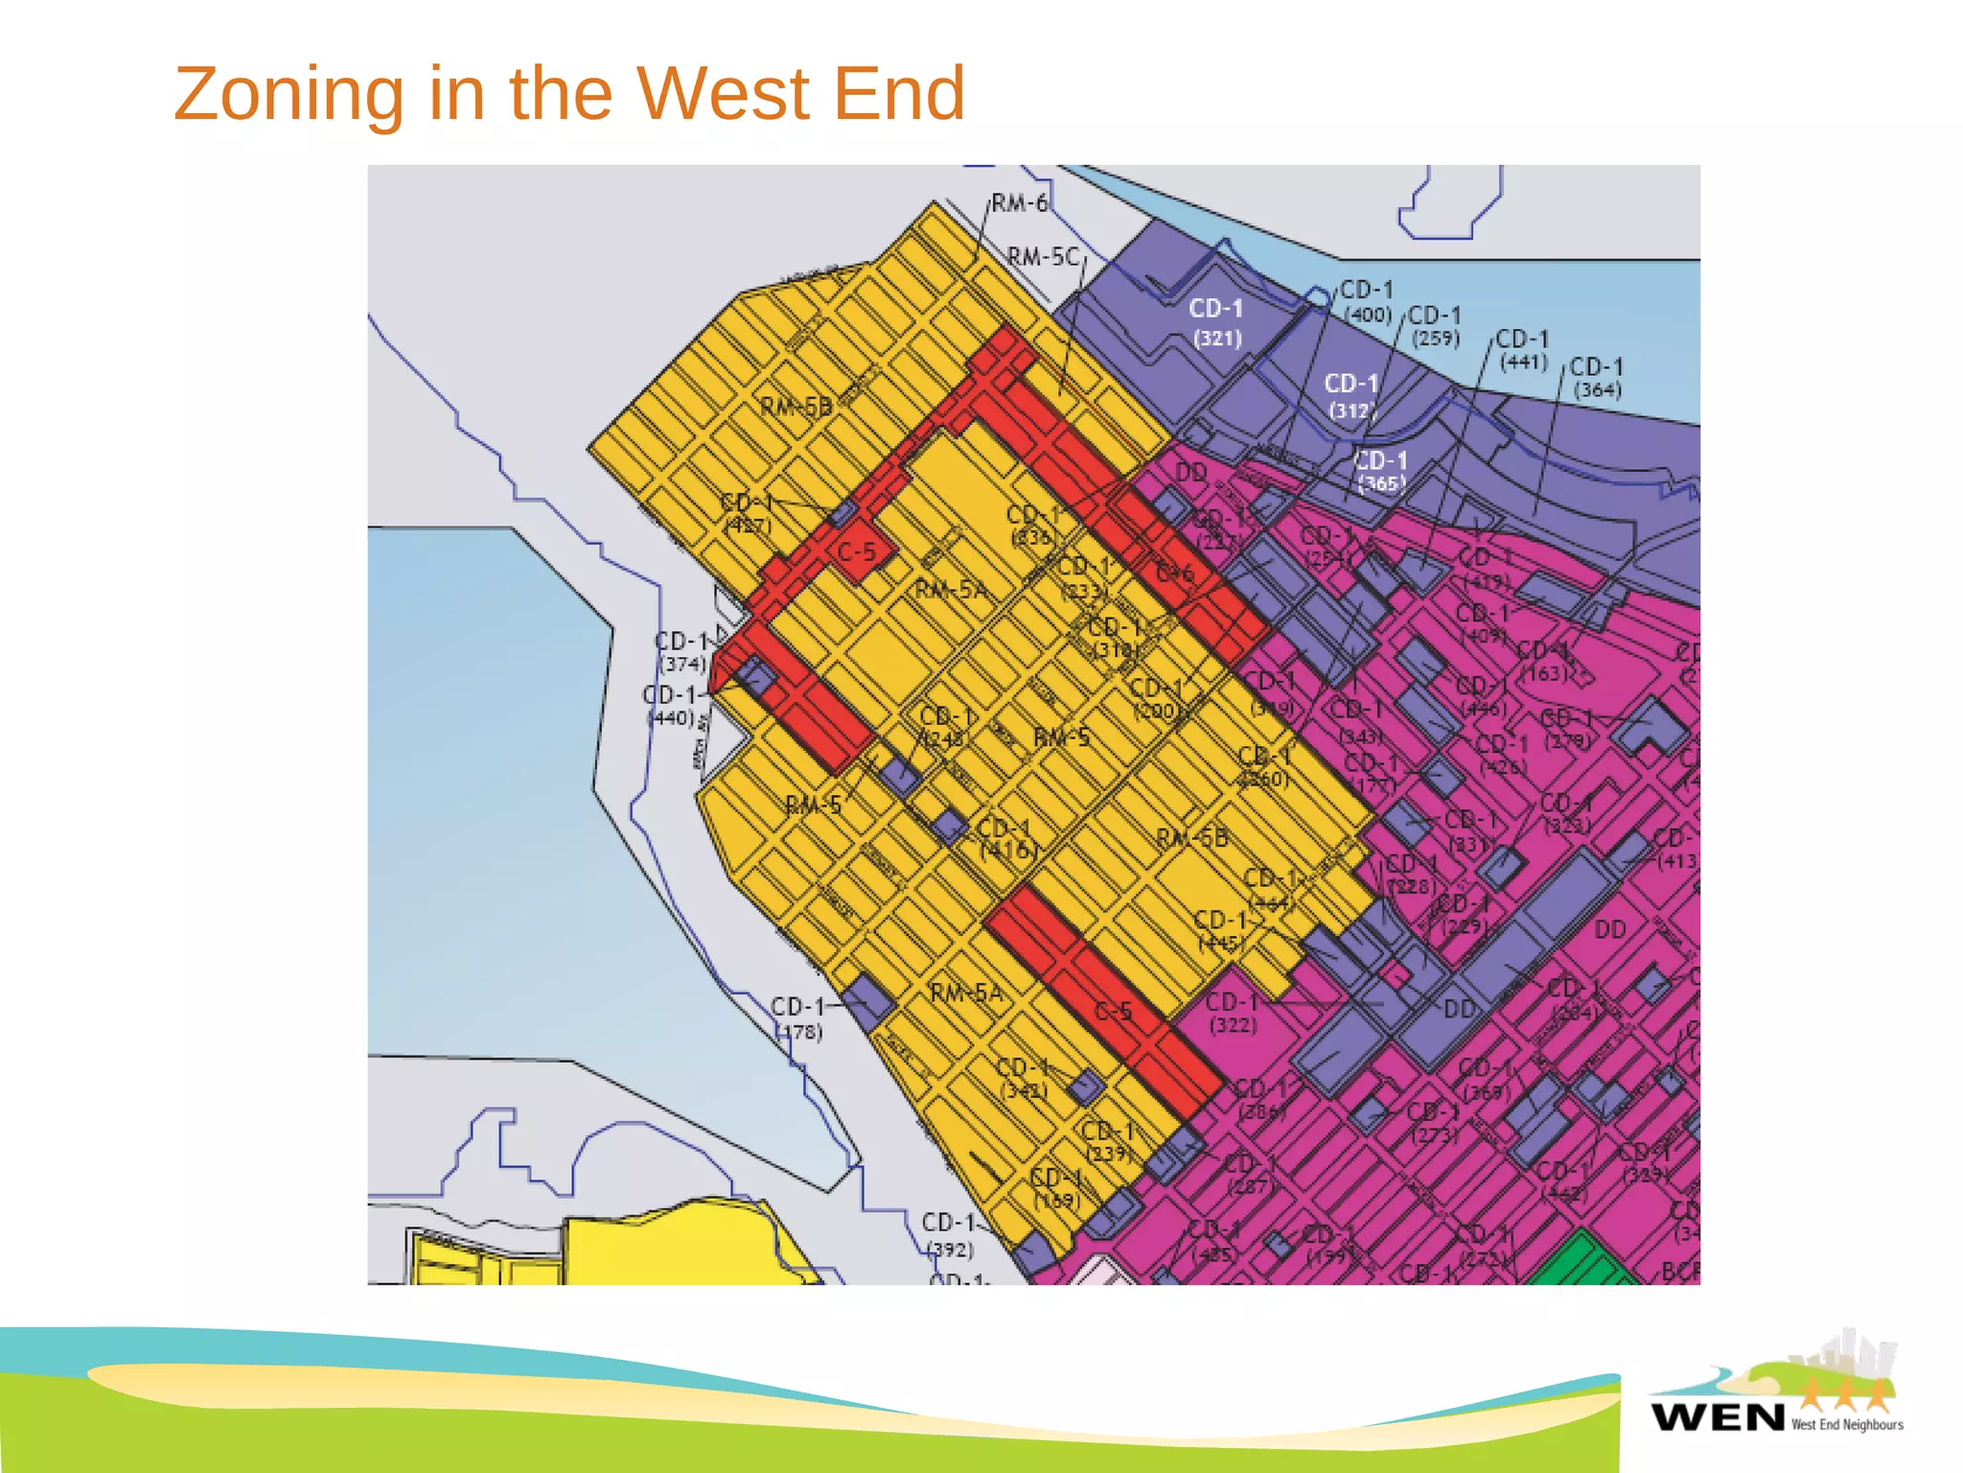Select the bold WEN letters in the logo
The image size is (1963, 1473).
(x=1718, y=1416)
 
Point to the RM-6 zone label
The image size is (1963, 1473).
(x=1019, y=203)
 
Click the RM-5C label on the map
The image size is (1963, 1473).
(x=1043, y=257)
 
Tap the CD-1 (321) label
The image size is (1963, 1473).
(x=1216, y=322)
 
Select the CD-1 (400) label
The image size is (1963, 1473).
(x=1367, y=301)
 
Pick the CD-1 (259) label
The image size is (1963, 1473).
(x=1435, y=326)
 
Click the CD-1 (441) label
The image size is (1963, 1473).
(x=1523, y=350)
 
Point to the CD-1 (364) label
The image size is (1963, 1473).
(x=1597, y=378)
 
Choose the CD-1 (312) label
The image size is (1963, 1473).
(x=1351, y=396)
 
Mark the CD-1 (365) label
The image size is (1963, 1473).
(x=1380, y=472)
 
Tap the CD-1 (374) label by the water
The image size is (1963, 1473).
(x=682, y=652)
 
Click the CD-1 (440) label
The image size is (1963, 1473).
(x=671, y=706)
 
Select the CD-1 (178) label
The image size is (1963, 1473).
(x=798, y=1018)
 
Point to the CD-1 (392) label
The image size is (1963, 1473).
(x=950, y=1235)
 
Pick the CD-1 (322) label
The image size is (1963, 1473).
(x=1233, y=1013)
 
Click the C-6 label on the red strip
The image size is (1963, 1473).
(x=1175, y=573)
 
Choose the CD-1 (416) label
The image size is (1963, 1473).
(x=1005, y=838)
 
